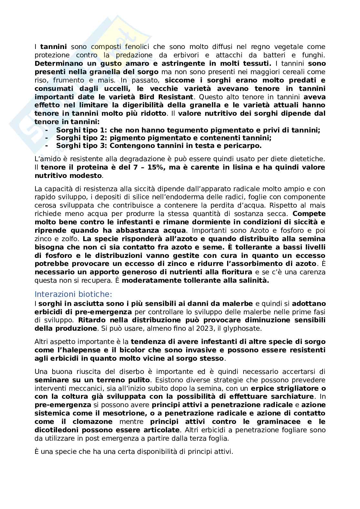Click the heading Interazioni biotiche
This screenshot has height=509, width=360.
tap(73, 294)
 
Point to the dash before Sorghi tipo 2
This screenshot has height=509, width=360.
tap(47, 138)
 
